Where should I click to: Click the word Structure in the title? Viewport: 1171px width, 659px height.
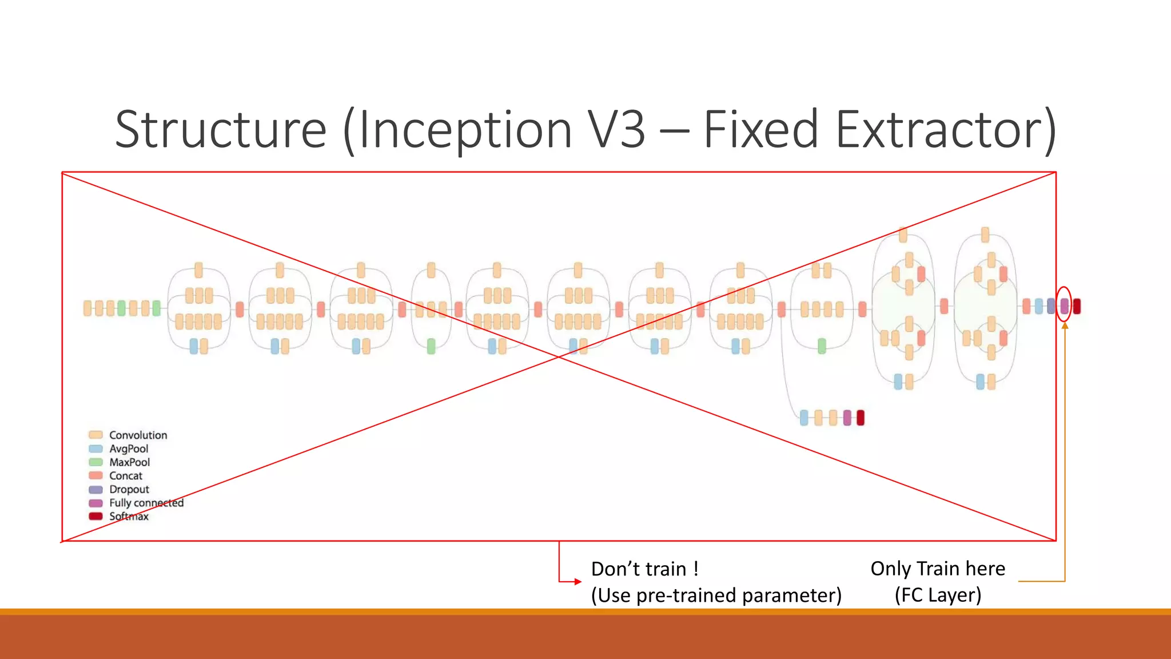220,130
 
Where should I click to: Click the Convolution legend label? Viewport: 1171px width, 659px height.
138,435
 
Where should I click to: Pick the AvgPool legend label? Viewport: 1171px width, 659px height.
129,449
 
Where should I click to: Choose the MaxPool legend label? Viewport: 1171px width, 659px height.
129,462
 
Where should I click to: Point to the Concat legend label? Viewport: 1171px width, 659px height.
126,476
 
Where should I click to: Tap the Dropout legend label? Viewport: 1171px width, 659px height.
129,490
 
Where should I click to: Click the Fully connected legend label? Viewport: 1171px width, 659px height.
146,503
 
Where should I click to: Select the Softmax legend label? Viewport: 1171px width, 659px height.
129,517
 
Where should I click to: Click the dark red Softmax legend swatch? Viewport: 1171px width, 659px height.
95,516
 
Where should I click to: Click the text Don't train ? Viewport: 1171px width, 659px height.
644,569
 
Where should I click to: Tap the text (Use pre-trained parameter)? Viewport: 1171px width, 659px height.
716,596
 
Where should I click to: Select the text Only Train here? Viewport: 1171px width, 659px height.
938,569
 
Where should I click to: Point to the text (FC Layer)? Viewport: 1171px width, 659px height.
938,595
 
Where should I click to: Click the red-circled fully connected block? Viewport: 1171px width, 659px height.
1064,306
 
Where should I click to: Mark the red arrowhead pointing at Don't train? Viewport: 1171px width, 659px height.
578,582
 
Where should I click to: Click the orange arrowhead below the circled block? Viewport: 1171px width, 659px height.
1065,325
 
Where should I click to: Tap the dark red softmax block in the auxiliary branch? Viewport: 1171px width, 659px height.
861,418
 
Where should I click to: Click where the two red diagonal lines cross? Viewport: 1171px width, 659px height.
559,356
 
